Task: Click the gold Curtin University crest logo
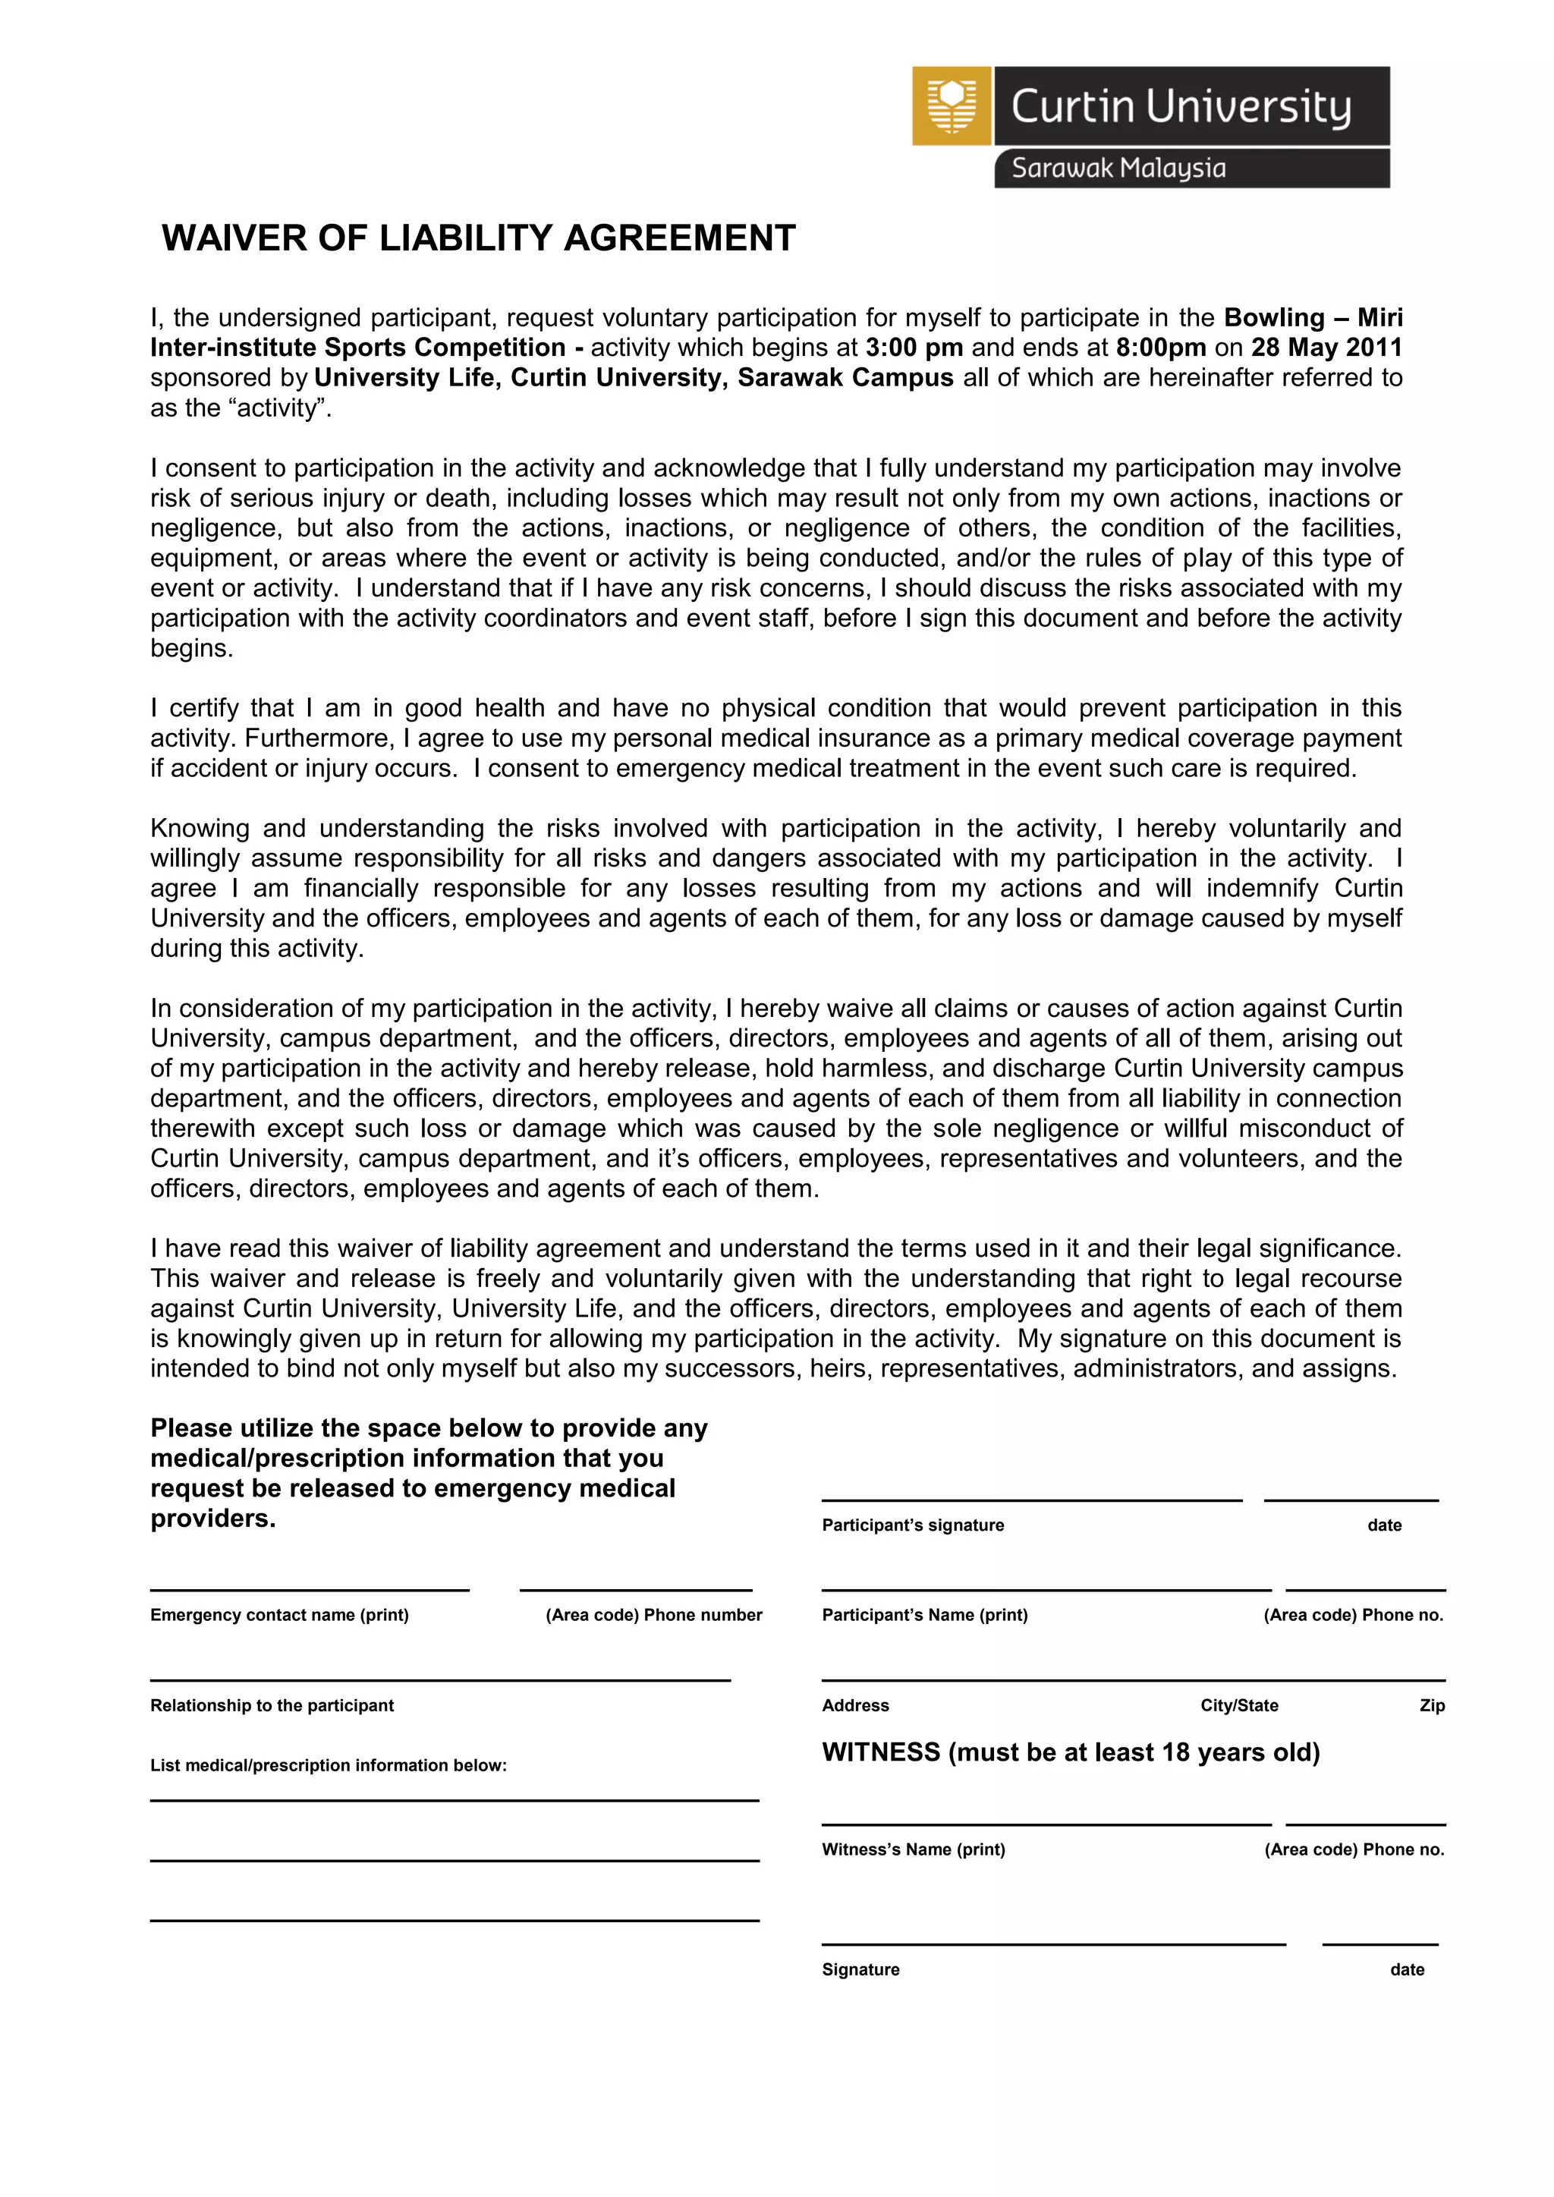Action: [952, 106]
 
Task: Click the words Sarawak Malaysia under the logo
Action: [1118, 168]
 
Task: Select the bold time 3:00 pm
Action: [914, 348]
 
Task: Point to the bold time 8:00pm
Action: [1159, 348]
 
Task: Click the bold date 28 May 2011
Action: [1326, 348]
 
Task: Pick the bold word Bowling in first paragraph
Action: [1274, 318]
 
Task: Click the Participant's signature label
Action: [912, 1525]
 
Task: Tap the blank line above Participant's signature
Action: [1030, 1500]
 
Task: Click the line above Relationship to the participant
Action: [439, 1679]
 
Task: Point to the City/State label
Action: [1238, 1705]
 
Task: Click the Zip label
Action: [1432, 1705]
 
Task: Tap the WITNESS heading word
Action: [880, 1752]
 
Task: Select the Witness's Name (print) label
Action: [913, 1849]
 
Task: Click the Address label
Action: [854, 1705]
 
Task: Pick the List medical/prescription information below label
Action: [329, 1765]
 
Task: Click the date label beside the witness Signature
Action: [1407, 1969]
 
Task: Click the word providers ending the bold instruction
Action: [212, 1519]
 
